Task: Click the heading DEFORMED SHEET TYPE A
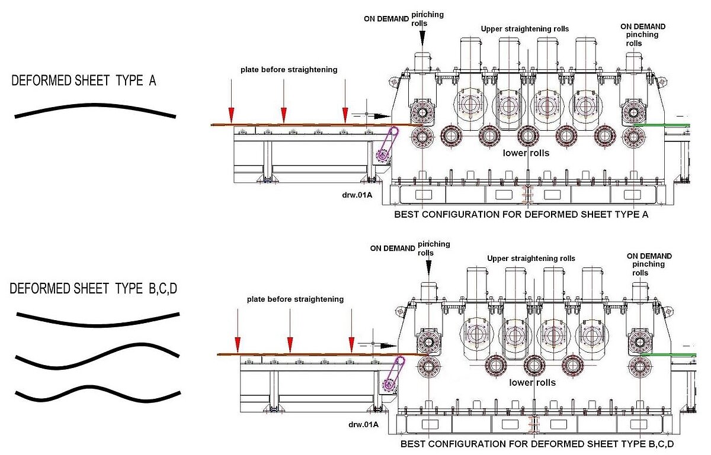[84, 81]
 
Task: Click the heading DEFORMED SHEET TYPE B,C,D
[94, 289]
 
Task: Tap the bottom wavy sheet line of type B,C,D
[97, 393]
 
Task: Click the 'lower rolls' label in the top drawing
[526, 153]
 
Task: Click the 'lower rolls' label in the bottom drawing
[533, 383]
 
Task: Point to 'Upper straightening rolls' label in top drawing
[524, 29]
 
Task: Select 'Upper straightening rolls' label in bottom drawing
[531, 259]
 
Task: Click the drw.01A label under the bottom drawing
[363, 424]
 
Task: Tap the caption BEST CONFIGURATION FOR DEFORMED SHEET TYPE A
[521, 215]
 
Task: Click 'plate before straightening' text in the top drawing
[289, 70]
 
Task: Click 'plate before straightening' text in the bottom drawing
[295, 299]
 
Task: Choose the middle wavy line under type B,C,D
[97, 355]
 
